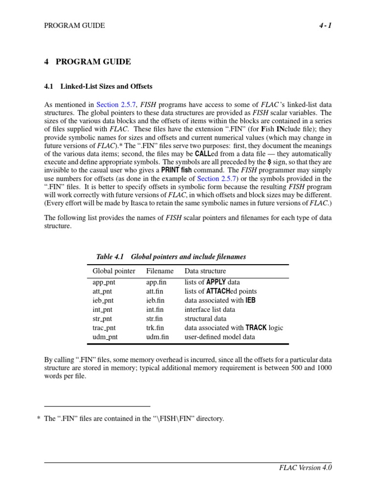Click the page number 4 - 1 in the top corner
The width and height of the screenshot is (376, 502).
tap(324, 25)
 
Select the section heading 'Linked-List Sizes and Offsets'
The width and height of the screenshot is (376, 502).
tap(106, 86)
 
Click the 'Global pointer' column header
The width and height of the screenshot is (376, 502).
tap(114, 271)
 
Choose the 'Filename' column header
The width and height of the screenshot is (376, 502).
tap(160, 271)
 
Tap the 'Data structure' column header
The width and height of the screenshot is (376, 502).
tap(205, 271)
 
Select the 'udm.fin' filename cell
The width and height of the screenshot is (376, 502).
tap(157, 336)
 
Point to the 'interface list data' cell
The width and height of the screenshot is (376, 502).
tap(210, 310)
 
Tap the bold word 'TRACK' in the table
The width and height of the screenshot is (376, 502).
tap(256, 327)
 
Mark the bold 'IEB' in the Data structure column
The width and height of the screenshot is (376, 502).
tap(251, 301)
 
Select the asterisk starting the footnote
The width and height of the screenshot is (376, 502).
tap(38, 420)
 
